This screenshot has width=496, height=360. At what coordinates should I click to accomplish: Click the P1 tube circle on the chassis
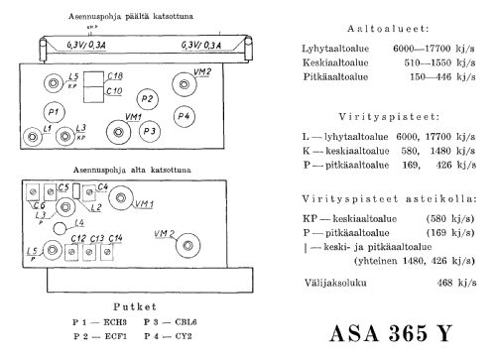tap(54, 109)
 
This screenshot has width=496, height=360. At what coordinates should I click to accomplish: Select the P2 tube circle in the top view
tap(148, 99)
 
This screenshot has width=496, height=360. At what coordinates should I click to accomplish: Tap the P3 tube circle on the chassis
tap(149, 129)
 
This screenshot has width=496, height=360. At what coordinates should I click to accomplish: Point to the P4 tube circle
tap(183, 117)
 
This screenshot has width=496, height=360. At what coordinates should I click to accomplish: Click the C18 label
tap(116, 76)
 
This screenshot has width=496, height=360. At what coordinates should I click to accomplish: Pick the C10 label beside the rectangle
tap(115, 91)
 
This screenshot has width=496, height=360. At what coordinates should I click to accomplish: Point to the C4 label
tap(103, 186)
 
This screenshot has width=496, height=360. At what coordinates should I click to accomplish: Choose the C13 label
tap(97, 239)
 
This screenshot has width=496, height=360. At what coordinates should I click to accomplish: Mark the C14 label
tap(115, 239)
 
